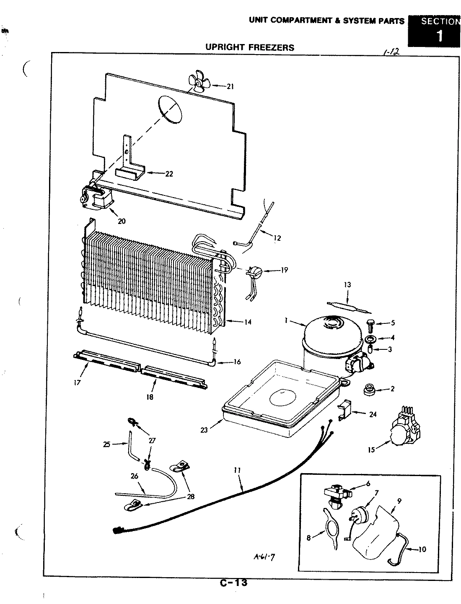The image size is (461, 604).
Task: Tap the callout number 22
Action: tap(169, 174)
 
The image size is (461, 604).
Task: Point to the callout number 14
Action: tap(248, 322)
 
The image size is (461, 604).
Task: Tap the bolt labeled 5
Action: tap(370, 323)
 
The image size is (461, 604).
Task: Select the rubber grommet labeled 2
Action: tap(369, 388)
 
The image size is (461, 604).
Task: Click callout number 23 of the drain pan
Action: tap(204, 430)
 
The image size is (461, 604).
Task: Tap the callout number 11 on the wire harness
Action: tap(237, 471)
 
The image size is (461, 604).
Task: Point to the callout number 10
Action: tap(422, 549)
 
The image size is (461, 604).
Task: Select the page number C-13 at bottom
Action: tap(233, 583)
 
